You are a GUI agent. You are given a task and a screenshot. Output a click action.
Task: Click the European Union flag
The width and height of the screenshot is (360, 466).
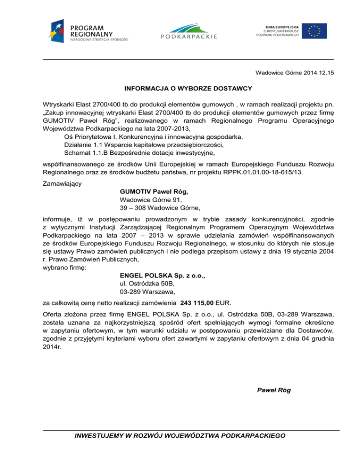click(314, 29)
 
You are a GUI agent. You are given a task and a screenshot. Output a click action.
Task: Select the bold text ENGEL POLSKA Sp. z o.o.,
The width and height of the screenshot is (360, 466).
click(163, 276)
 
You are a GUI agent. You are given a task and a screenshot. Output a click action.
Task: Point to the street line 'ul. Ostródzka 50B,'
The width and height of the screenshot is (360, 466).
click(147, 284)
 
